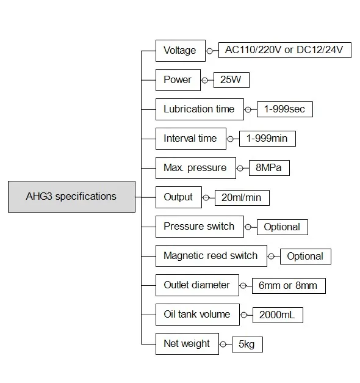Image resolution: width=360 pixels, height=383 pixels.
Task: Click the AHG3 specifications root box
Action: pyautogui.click(x=71, y=197)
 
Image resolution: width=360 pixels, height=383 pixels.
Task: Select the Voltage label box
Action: pyautogui.click(x=181, y=51)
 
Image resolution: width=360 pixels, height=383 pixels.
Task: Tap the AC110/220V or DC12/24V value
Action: pyautogui.click(x=285, y=50)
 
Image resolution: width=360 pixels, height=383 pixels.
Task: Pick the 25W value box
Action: pyautogui.click(x=231, y=80)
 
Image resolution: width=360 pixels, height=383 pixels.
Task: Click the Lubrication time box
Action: pyautogui.click(x=200, y=109)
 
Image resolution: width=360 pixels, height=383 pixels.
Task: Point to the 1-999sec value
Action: pyautogui.click(x=285, y=109)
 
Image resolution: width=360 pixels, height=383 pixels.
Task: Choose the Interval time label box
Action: pyautogui.click(x=191, y=139)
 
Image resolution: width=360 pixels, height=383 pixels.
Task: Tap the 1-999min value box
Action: pyautogui.click(x=267, y=139)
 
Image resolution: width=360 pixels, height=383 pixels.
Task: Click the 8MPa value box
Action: pyautogui.click(x=269, y=168)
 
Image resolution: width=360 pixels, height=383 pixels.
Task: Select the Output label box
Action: pyautogui.click(x=179, y=197)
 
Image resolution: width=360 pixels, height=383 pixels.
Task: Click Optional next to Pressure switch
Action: pyautogui.click(x=283, y=227)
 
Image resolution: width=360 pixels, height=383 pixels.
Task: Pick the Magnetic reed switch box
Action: pyautogui.click(x=211, y=256)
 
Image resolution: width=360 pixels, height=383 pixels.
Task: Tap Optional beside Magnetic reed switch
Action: pyautogui.click(x=306, y=257)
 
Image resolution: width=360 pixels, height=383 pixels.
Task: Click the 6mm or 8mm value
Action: pyautogui.click(x=289, y=286)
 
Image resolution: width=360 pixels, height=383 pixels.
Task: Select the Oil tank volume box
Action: pyautogui.click(x=198, y=315)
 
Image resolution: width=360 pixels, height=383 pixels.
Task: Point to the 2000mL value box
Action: pyautogui.click(x=278, y=315)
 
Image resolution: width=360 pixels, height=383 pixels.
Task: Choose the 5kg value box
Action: pyautogui.click(x=247, y=345)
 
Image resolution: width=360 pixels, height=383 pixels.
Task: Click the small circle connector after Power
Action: pyautogui.click(x=205, y=80)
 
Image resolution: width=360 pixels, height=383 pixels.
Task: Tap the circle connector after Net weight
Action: pyautogui.click(x=223, y=344)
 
